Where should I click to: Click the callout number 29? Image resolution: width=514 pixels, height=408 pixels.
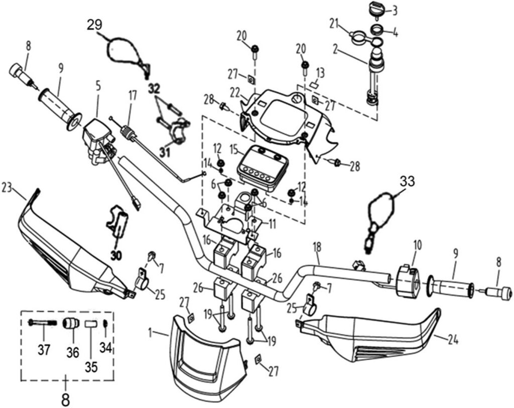click(x=94, y=24)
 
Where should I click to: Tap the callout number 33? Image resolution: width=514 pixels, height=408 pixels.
click(x=408, y=181)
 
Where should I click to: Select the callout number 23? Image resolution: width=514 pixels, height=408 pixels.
click(x=7, y=187)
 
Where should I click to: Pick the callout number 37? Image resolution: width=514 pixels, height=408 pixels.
click(x=44, y=349)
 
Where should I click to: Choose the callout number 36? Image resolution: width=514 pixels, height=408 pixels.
click(x=73, y=352)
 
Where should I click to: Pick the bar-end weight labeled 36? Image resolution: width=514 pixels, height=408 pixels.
click(x=69, y=323)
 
